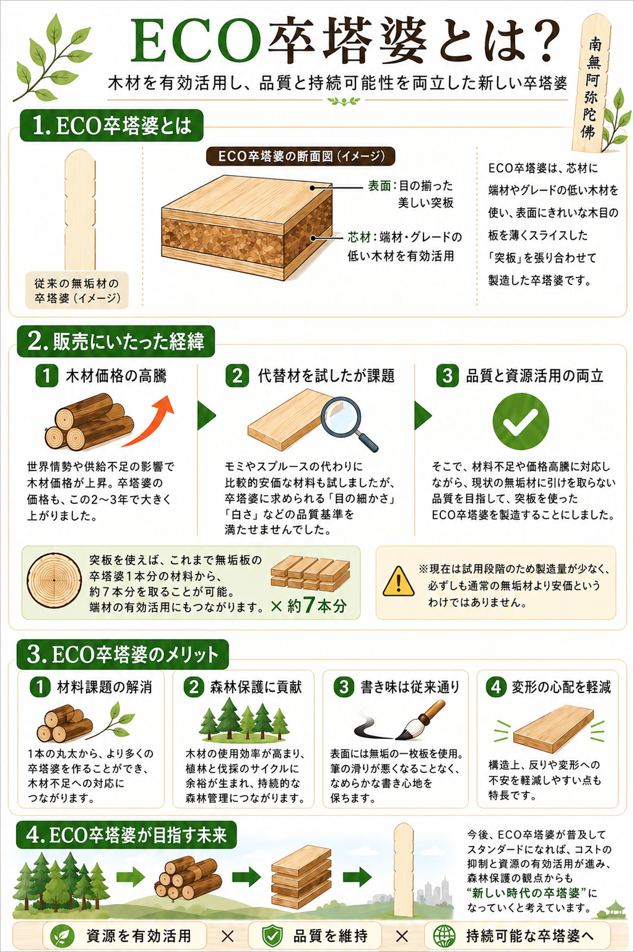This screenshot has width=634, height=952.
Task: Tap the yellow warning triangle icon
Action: coord(398,582)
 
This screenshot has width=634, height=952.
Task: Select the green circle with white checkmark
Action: coord(521,421)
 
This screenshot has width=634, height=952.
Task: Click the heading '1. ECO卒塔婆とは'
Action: coord(111,126)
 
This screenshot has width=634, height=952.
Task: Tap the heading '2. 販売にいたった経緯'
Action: coord(116,341)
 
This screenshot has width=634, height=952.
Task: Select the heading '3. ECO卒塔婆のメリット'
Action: coord(122,654)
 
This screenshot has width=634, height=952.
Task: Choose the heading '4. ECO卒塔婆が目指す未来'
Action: coord(126,834)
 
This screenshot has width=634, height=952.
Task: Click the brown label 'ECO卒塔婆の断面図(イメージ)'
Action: coord(300,156)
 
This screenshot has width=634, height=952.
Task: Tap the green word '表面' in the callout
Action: coord(379,186)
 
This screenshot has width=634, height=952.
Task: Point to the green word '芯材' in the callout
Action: coord(359,237)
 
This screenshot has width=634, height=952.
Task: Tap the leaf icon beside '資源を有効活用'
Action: coord(62,935)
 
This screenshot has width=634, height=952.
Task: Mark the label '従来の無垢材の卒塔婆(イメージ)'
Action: coord(77,291)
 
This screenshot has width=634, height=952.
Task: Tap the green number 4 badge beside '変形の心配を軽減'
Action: coord(496,687)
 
